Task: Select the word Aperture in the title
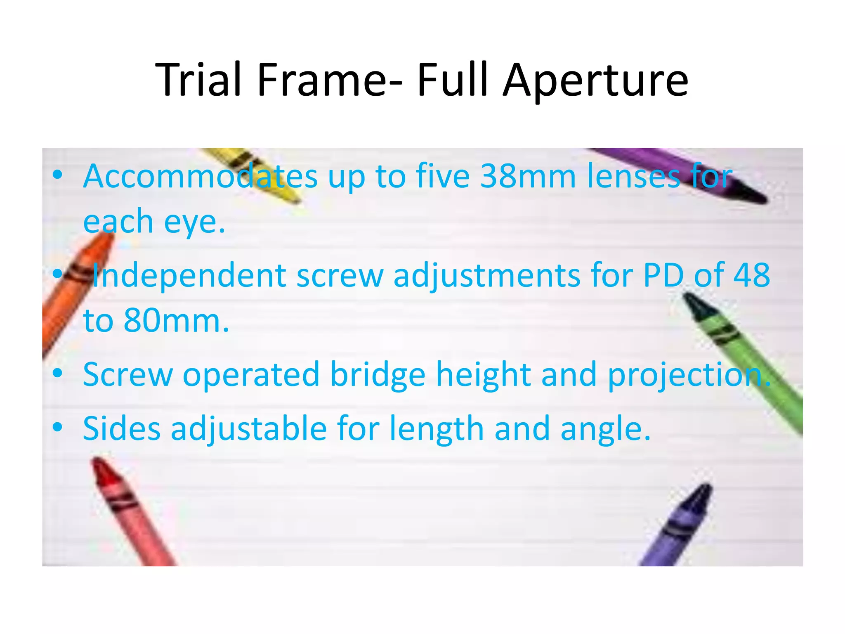pyautogui.click(x=596, y=81)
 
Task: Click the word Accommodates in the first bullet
pyautogui.click(x=201, y=176)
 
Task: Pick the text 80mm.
pyautogui.click(x=176, y=321)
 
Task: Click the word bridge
pyautogui.click(x=378, y=375)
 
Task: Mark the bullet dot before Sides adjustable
pyautogui.click(x=58, y=427)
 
